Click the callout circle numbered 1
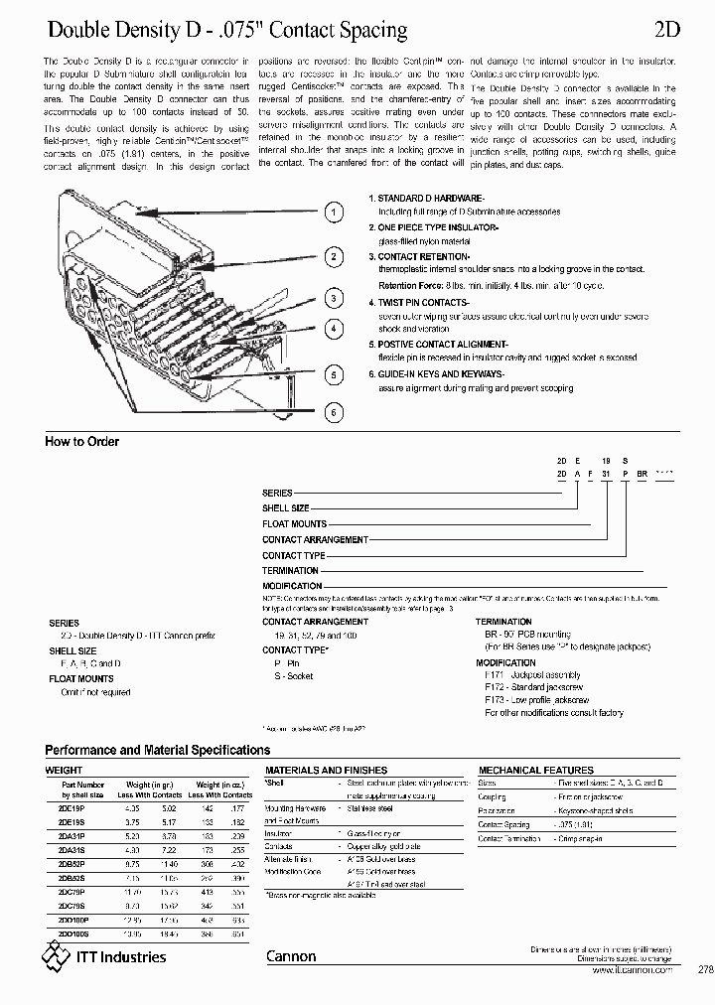pos(336,212)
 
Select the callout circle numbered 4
pos(336,328)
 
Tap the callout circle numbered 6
pos(336,411)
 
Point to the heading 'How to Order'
pos(82,442)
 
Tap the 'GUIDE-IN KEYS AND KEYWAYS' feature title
pos(442,373)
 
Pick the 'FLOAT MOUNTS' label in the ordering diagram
pos(294,523)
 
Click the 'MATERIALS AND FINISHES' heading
pos(319,771)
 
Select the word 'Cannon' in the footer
pos(291,957)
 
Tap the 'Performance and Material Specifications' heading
pos(158,750)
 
